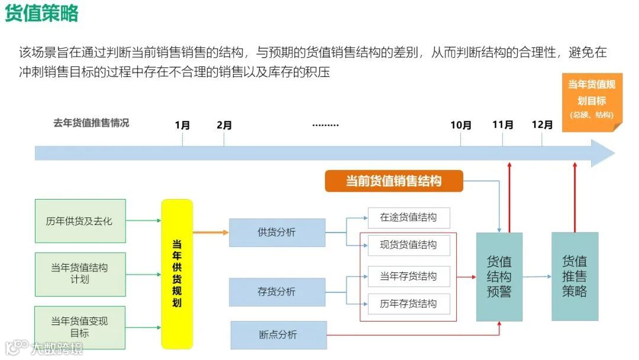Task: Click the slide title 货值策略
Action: coord(42,14)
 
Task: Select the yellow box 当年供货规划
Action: coord(177,274)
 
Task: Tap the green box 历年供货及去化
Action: coord(80,221)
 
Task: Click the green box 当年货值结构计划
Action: coord(80,274)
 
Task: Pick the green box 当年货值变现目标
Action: coord(80,327)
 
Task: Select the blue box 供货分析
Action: coord(277,232)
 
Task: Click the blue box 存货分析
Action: coord(277,292)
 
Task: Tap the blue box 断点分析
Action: coord(278,335)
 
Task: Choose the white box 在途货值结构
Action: coord(408,218)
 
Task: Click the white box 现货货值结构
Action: coord(408,245)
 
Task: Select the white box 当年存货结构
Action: coord(408,277)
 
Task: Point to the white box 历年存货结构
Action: coord(408,304)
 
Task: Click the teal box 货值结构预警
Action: coord(499,277)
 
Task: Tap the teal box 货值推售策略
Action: coord(575,276)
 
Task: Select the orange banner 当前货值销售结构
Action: coord(393,181)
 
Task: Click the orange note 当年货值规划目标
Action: coord(592,100)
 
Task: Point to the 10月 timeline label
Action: coord(461,126)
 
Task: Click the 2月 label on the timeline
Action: coord(224,126)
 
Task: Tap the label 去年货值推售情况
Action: coord(91,123)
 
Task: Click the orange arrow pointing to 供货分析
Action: coord(211,232)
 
